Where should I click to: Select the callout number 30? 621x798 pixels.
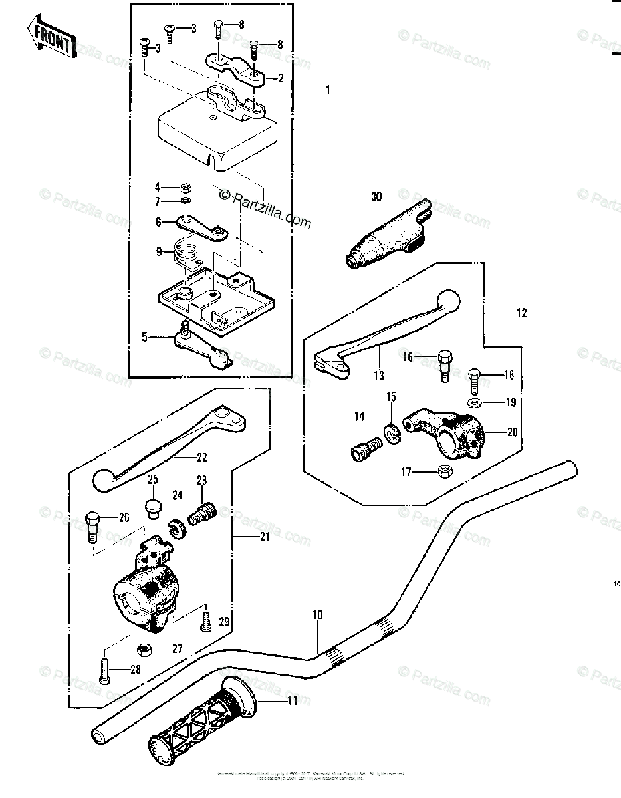[x=377, y=197]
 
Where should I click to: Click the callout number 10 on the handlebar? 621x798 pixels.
[x=317, y=615]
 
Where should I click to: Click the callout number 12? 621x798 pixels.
[x=521, y=313]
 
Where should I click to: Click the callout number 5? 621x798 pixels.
[x=144, y=337]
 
